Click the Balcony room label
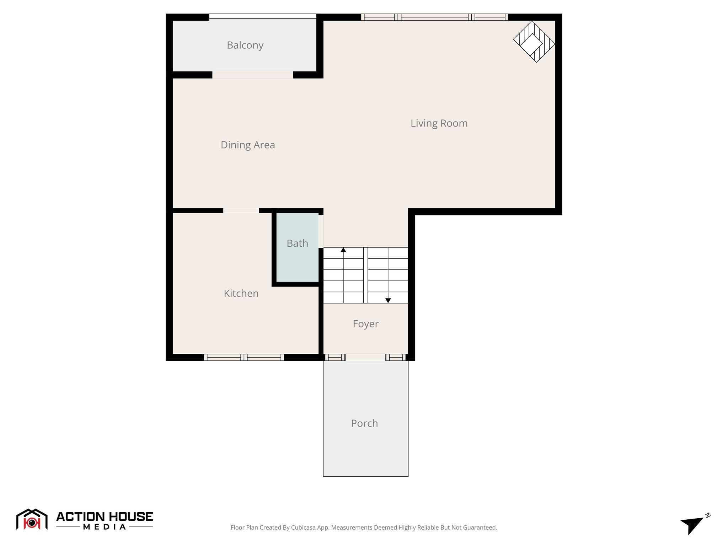(x=245, y=45)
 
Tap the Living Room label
(x=439, y=123)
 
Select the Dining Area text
(x=247, y=145)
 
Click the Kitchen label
(x=241, y=293)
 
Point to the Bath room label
(x=297, y=243)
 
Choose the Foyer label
(x=365, y=324)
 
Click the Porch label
(x=364, y=423)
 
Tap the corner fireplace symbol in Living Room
(x=534, y=42)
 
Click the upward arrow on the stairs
(x=343, y=250)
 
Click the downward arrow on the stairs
(x=388, y=300)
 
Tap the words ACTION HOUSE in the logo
(x=105, y=516)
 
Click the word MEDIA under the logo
(x=105, y=527)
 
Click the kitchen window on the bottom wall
(x=244, y=357)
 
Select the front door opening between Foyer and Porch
(x=365, y=357)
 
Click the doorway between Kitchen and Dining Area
(x=241, y=211)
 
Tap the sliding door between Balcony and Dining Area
(x=253, y=75)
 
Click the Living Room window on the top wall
(x=434, y=17)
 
